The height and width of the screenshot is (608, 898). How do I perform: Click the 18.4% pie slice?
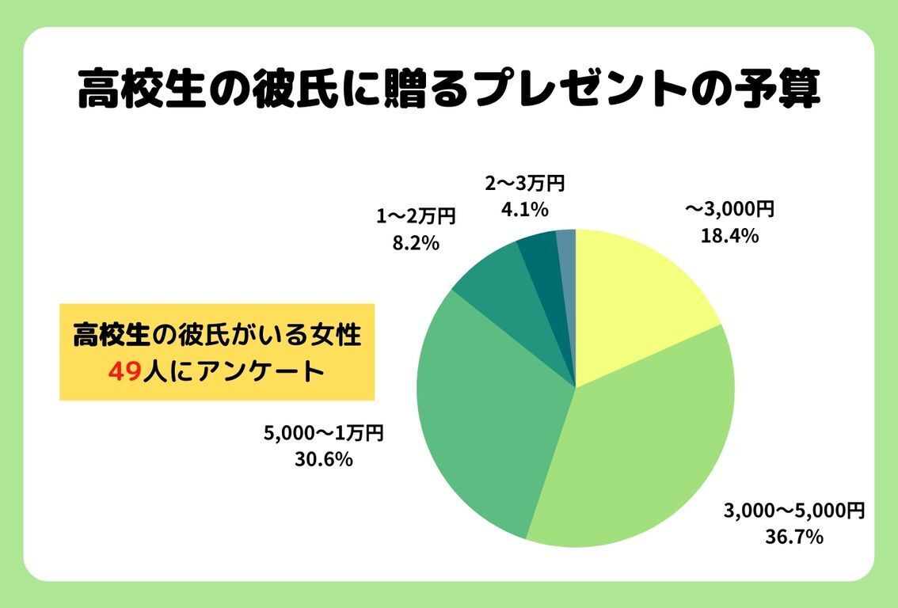[x=634, y=301]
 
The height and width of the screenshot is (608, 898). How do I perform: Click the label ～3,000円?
[x=729, y=209]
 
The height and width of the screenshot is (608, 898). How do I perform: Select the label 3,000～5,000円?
[x=793, y=510]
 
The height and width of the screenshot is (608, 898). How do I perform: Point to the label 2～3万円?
[x=524, y=184]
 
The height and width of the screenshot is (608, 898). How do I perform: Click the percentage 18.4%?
[x=729, y=235]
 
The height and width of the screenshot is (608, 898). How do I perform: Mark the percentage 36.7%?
[x=793, y=537]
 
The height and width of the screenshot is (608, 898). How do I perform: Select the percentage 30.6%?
[x=323, y=459]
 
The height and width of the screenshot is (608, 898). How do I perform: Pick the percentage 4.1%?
[x=524, y=211]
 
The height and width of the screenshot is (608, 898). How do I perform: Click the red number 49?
[x=124, y=371]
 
